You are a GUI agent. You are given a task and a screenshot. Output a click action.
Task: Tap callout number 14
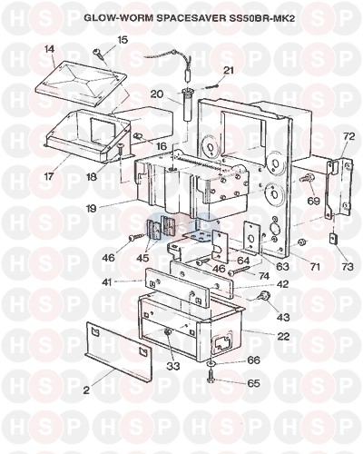point(50,49)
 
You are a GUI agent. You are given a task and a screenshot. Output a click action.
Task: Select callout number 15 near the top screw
point(123,40)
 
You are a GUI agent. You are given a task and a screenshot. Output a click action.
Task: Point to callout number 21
point(228,71)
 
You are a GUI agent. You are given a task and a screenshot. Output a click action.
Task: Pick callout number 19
point(91,209)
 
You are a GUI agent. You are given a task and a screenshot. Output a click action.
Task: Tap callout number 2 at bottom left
point(86,390)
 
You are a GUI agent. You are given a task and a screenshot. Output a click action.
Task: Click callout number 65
point(253,383)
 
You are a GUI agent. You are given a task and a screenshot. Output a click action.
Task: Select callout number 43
point(283,317)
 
